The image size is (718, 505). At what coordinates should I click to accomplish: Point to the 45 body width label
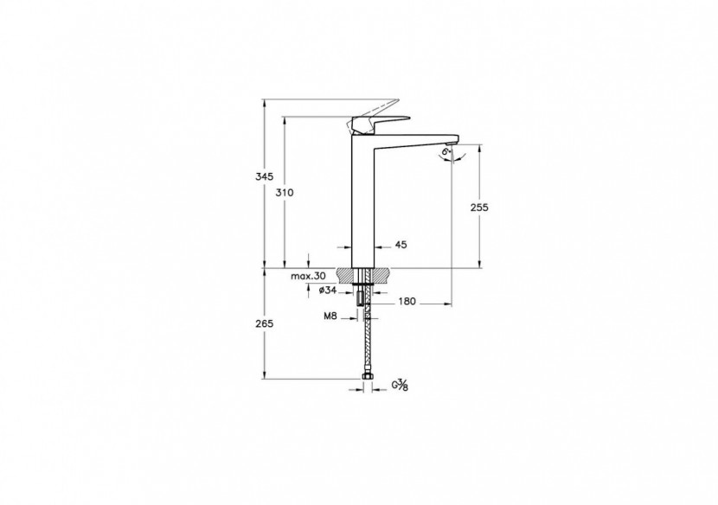tap(401, 246)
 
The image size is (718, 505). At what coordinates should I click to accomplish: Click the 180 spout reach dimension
tap(407, 302)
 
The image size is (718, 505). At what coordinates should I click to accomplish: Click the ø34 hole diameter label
tap(327, 291)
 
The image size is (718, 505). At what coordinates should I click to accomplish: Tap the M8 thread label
tap(330, 317)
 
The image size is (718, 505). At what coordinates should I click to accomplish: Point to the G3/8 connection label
tap(401, 386)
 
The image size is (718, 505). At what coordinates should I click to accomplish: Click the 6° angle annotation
tap(445, 152)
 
